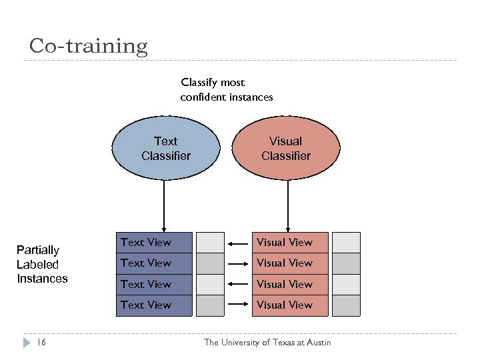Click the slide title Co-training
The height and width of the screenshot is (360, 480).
pyautogui.click(x=88, y=46)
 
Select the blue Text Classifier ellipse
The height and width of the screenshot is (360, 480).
pyautogui.click(x=165, y=149)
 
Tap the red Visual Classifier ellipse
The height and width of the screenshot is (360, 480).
pyautogui.click(x=285, y=149)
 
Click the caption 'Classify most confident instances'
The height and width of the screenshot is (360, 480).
pyautogui.click(x=226, y=90)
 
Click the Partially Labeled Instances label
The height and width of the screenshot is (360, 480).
pyautogui.click(x=42, y=264)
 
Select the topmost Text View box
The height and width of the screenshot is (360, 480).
pyautogui.click(x=153, y=243)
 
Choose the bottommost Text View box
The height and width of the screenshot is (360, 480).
pyautogui.click(x=153, y=305)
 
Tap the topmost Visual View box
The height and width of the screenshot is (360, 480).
pyautogui.click(x=290, y=243)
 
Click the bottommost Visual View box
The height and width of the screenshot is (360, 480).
pyautogui.click(x=290, y=305)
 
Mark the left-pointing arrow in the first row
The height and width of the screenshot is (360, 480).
pyautogui.click(x=238, y=243)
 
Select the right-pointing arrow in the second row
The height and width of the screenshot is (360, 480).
pyautogui.click(x=238, y=263)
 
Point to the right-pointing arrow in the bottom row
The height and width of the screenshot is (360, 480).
pyautogui.click(x=238, y=305)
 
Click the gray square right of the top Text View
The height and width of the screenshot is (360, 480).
pyautogui.click(x=210, y=243)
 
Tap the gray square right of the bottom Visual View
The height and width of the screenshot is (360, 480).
pyautogui.click(x=346, y=305)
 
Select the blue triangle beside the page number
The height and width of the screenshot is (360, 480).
pyautogui.click(x=27, y=342)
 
